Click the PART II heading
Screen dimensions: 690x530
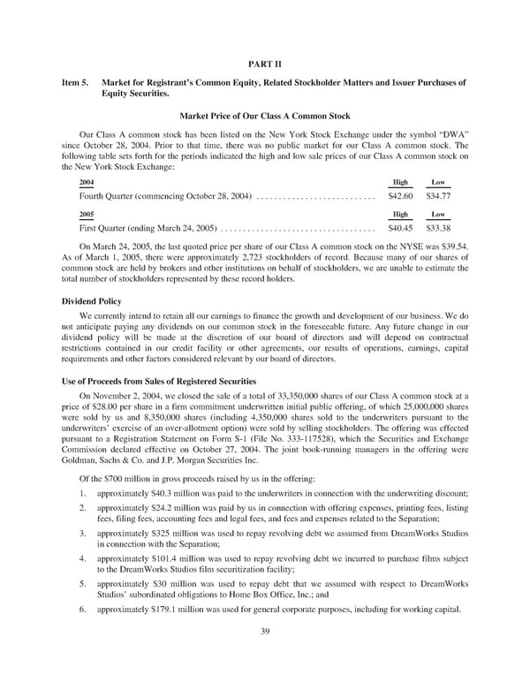(x=265, y=62)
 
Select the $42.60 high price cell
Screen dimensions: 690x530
(x=400, y=194)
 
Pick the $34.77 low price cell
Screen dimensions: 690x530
(x=436, y=194)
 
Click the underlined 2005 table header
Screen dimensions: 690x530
(x=86, y=214)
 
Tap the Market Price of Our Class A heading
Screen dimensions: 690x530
(x=265, y=117)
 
